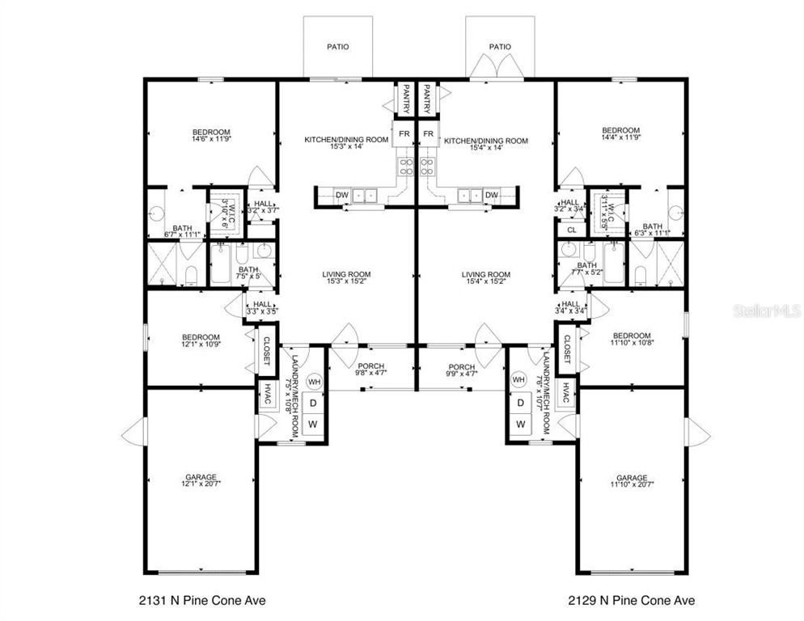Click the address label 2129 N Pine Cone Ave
pyautogui.click(x=628, y=600)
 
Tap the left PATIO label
pyautogui.click(x=338, y=47)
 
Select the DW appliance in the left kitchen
pyautogui.click(x=341, y=195)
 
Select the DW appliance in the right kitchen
pyautogui.click(x=491, y=195)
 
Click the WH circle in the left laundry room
pyautogui.click(x=315, y=382)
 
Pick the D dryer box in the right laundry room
pyautogui.click(x=521, y=402)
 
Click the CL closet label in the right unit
pyautogui.click(x=571, y=230)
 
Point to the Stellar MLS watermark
pyautogui.click(x=766, y=310)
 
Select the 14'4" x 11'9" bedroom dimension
pyautogui.click(x=620, y=139)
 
